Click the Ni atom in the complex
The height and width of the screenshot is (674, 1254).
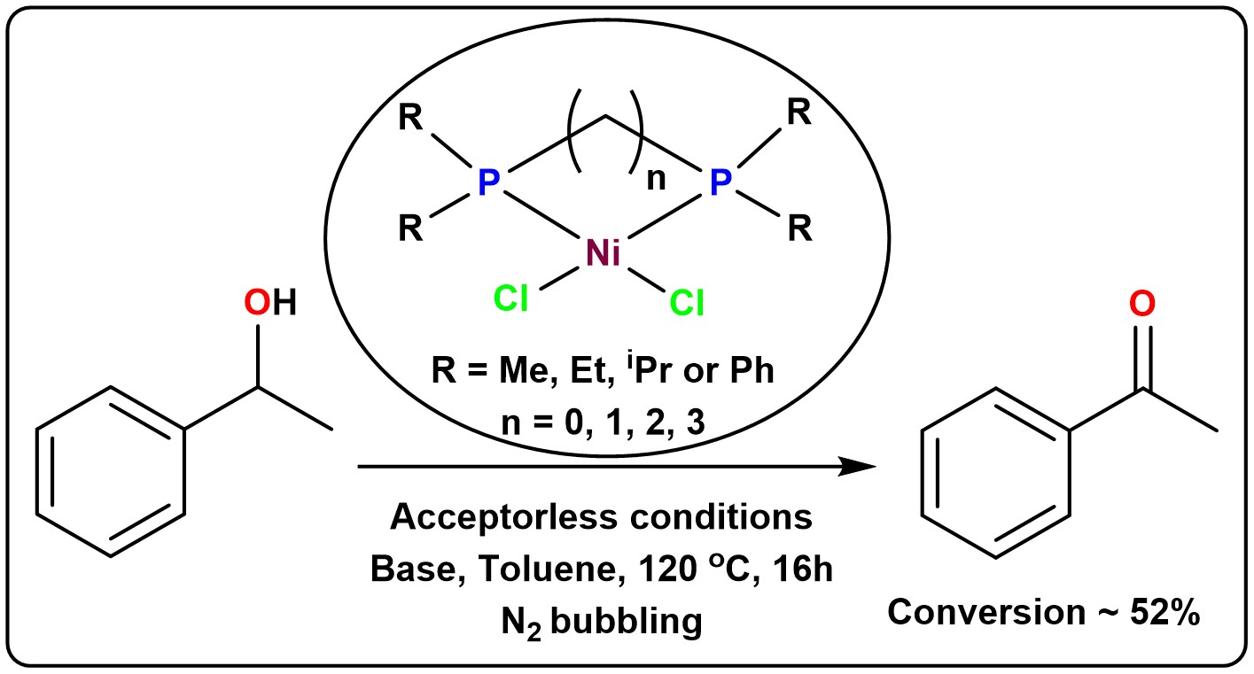click(604, 253)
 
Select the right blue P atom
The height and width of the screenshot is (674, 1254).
click(721, 183)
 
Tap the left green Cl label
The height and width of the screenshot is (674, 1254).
click(511, 299)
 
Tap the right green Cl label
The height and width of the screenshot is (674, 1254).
click(687, 304)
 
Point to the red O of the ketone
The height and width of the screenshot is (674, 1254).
click(1143, 305)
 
